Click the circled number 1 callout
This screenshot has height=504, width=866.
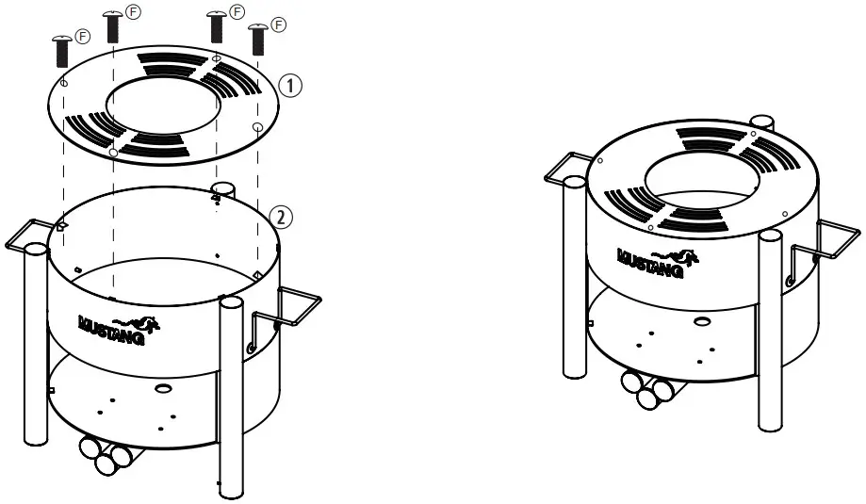[x=291, y=87]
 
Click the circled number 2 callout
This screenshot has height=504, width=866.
[x=281, y=217]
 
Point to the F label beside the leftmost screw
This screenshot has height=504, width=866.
[x=83, y=37]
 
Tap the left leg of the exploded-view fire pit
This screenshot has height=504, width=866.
[x=34, y=344]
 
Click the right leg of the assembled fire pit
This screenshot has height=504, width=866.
[x=771, y=330]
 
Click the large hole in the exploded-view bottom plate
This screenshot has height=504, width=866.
[x=163, y=388]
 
